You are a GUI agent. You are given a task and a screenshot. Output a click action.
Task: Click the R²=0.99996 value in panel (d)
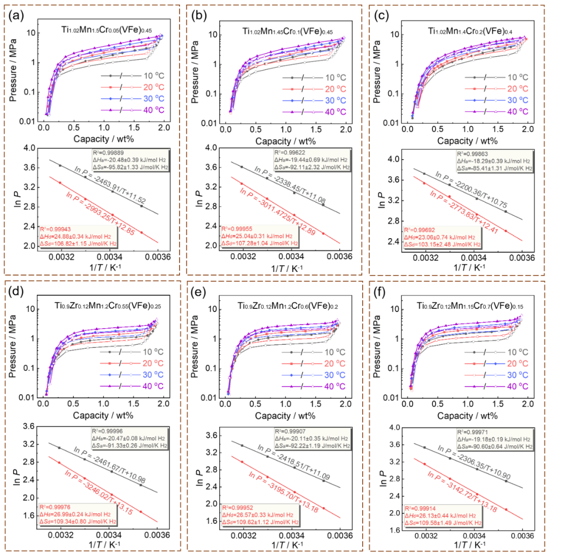[x=109, y=431]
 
